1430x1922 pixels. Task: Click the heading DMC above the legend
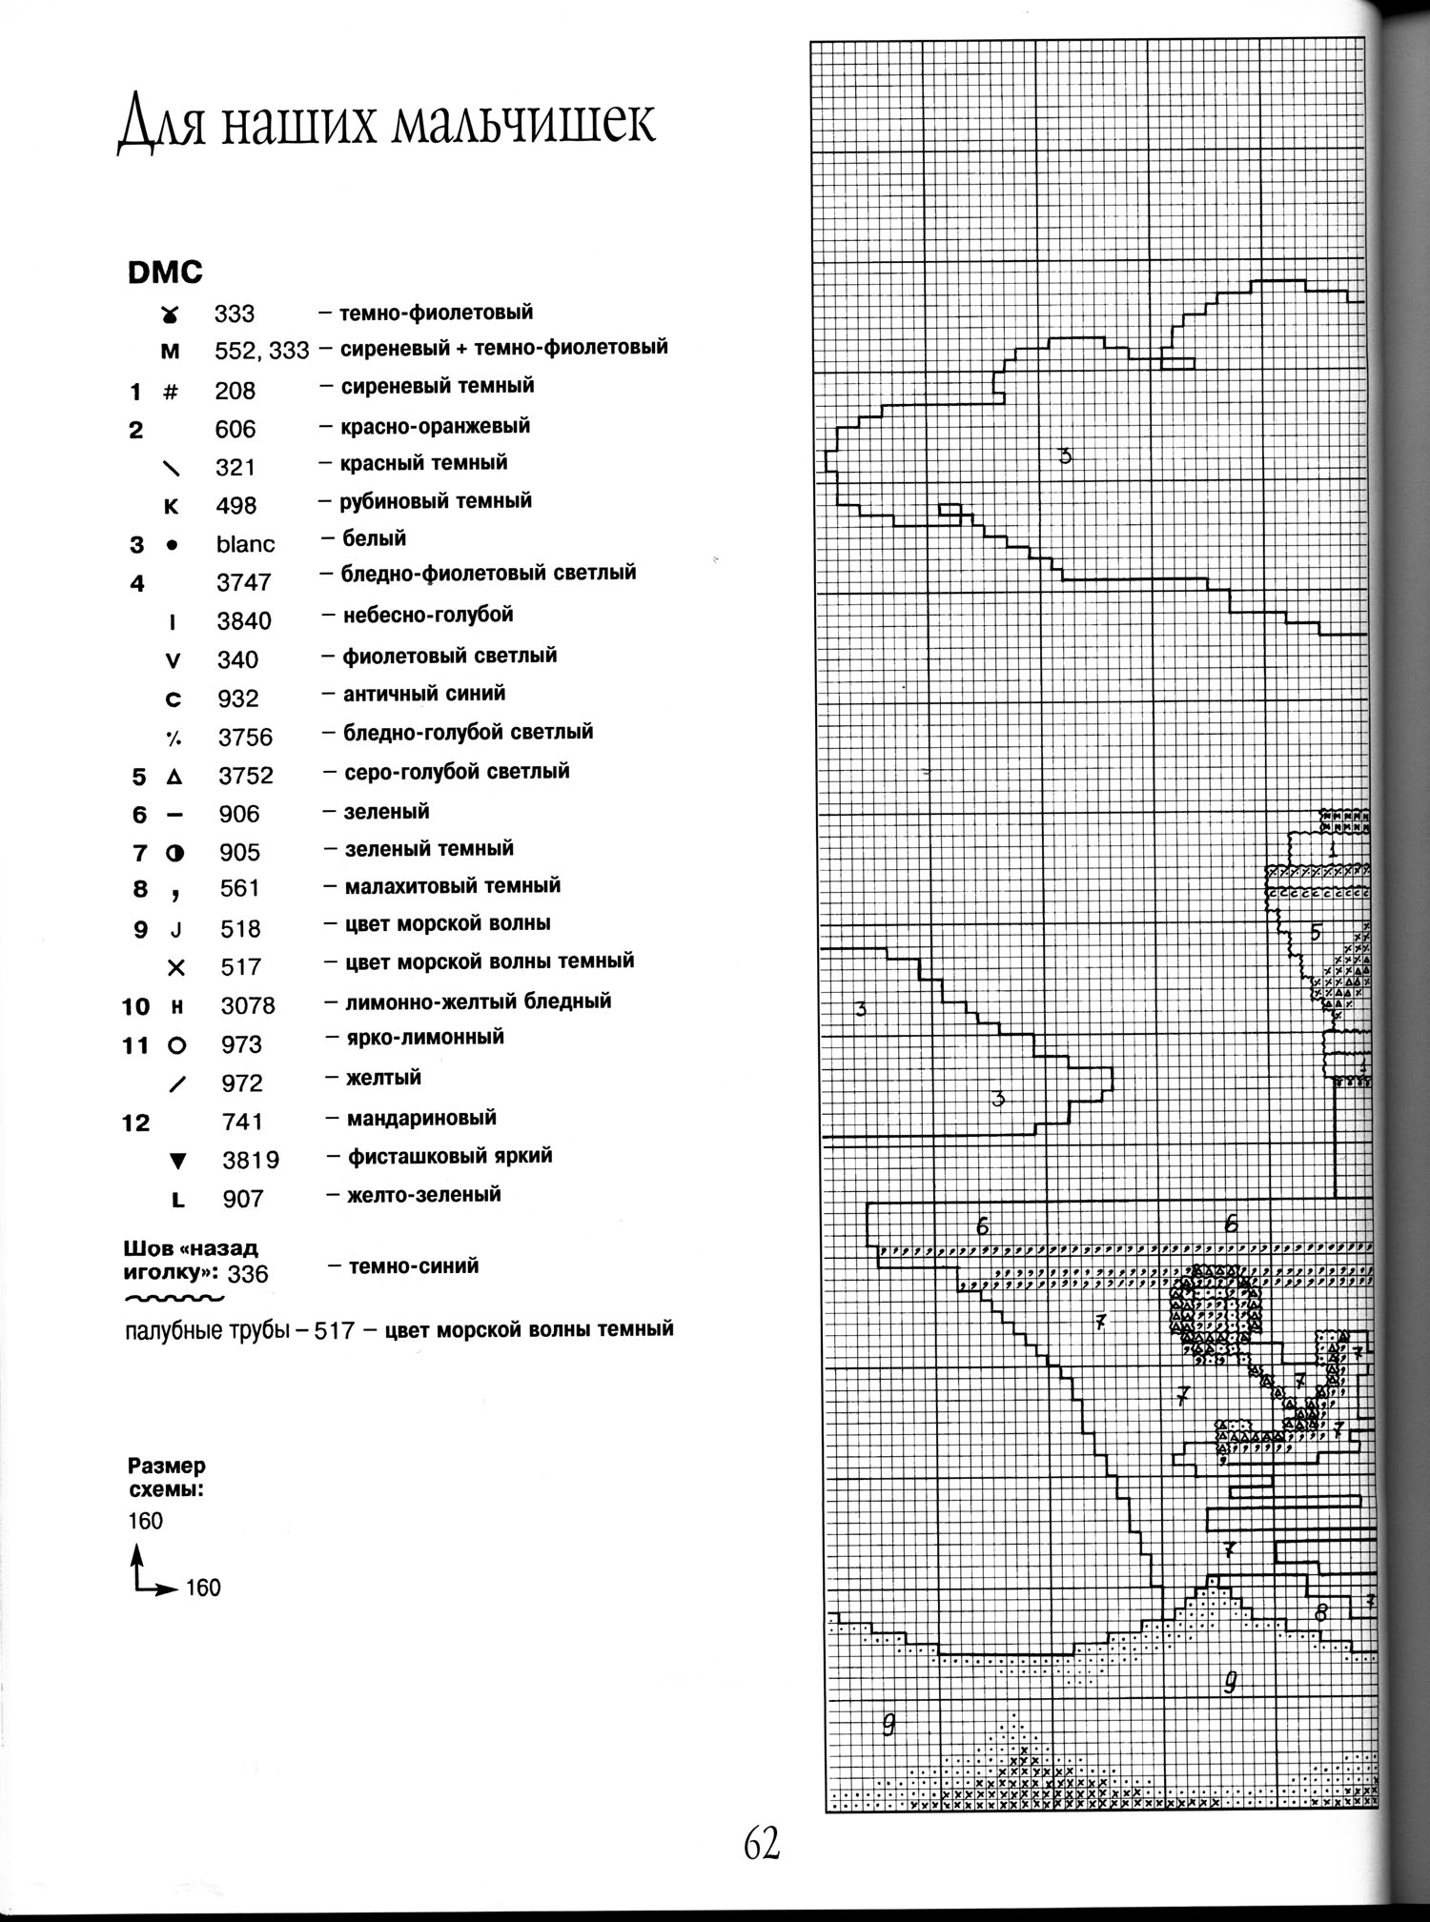pos(165,273)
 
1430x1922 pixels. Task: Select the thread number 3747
pos(244,582)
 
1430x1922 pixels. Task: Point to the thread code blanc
pos(245,544)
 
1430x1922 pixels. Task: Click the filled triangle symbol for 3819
pos(176,1161)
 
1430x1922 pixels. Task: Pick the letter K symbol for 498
pos(172,506)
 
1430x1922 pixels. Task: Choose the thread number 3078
pos(248,1005)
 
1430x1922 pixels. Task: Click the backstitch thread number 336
pos(248,1274)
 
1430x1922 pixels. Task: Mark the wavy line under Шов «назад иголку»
pos(174,1298)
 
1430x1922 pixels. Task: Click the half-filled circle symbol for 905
pos(174,854)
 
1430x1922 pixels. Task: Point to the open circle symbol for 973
pos(176,1045)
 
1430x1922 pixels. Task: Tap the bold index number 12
pos(135,1123)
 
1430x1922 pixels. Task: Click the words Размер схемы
pos(166,1478)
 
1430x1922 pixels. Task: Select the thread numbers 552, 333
pos(261,352)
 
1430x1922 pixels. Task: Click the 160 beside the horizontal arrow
pos(203,1588)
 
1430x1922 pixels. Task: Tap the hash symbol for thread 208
pos(172,391)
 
